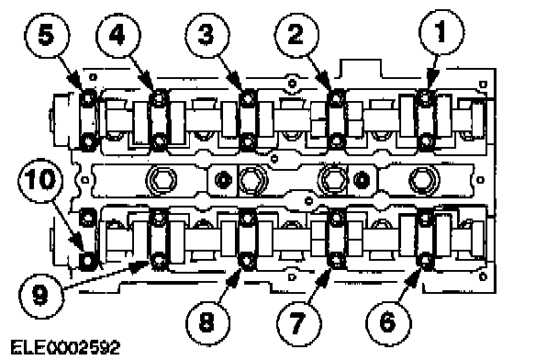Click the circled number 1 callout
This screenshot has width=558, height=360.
441,32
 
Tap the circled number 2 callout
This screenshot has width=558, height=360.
296,35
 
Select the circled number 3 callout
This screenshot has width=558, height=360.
206,35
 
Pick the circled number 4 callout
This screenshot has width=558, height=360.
117,35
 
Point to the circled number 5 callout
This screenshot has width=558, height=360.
47,35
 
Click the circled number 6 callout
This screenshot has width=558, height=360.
388,322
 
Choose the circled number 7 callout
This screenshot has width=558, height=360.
299,323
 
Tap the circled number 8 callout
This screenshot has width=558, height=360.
207,323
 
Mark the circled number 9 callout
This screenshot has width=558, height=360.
41,295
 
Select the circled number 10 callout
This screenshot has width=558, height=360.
40,180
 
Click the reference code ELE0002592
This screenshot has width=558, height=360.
65,347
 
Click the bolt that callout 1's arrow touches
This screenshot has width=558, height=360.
426,96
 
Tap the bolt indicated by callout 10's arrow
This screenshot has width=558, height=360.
87,261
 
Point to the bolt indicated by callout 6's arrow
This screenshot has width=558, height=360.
425,260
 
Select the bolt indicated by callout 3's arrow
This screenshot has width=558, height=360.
248,96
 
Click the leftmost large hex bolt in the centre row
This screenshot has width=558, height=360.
161,180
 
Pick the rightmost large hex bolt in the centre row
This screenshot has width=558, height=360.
424,180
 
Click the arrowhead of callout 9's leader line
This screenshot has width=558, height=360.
141,266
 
